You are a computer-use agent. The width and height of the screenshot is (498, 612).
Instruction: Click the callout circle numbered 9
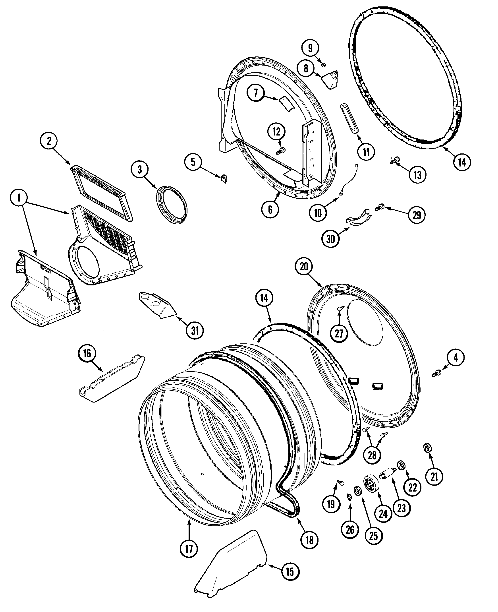pos(310,48)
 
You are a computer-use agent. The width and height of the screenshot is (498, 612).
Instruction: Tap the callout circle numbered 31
pos(195,331)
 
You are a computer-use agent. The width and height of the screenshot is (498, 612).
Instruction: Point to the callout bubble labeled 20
pos(304,267)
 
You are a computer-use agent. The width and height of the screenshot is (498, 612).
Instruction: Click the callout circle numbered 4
pos(456,358)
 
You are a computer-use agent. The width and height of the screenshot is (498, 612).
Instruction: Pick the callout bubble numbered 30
pos(331,239)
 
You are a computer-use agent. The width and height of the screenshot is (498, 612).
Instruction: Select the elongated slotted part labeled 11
pos(349,118)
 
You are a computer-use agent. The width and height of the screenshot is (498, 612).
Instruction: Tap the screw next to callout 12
pos(281,150)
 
